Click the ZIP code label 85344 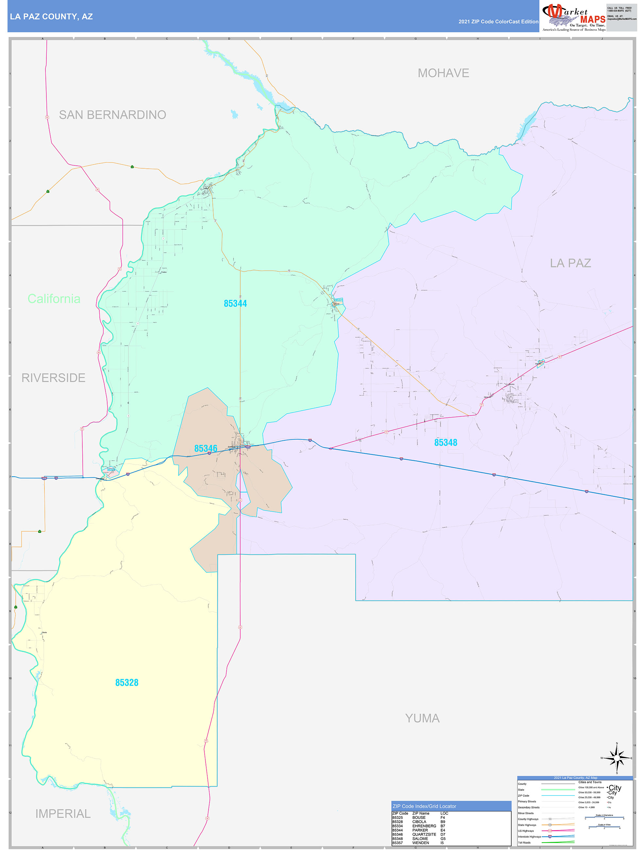click(235, 304)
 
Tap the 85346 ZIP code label click(206, 449)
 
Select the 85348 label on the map click(446, 443)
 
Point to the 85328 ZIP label click(127, 683)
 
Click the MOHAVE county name click(443, 73)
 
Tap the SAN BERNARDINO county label click(112, 114)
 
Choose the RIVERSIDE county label click(53, 378)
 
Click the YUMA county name click(422, 718)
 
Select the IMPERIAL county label click(63, 813)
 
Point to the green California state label click(54, 298)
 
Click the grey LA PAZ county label click(570, 263)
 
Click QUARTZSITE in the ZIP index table click(424, 834)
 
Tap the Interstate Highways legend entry click(529, 836)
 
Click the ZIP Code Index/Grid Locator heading click(424, 806)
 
